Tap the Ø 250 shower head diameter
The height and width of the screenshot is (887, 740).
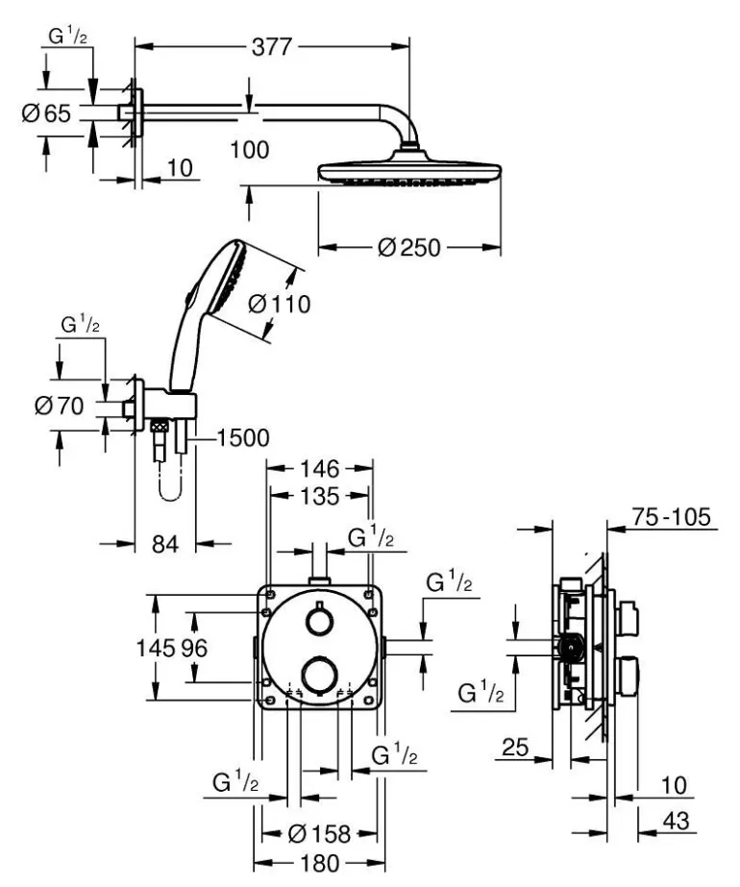click(409, 248)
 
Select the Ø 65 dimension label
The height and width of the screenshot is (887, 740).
click(46, 113)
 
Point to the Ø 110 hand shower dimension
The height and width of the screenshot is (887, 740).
click(279, 305)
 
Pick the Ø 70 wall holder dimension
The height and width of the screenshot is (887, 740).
click(59, 406)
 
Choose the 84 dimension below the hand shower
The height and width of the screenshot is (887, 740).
click(165, 544)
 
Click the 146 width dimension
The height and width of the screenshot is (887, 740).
click(319, 469)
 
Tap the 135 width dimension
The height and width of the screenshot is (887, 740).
click(319, 497)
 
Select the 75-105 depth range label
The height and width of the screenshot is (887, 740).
click(673, 519)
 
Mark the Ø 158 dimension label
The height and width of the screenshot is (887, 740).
click(319, 832)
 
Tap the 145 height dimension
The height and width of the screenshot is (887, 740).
click(161, 649)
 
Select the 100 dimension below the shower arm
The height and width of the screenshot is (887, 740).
click(250, 149)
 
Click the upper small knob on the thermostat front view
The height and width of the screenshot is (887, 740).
click(316, 622)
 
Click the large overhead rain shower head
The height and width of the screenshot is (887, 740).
click(409, 173)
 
